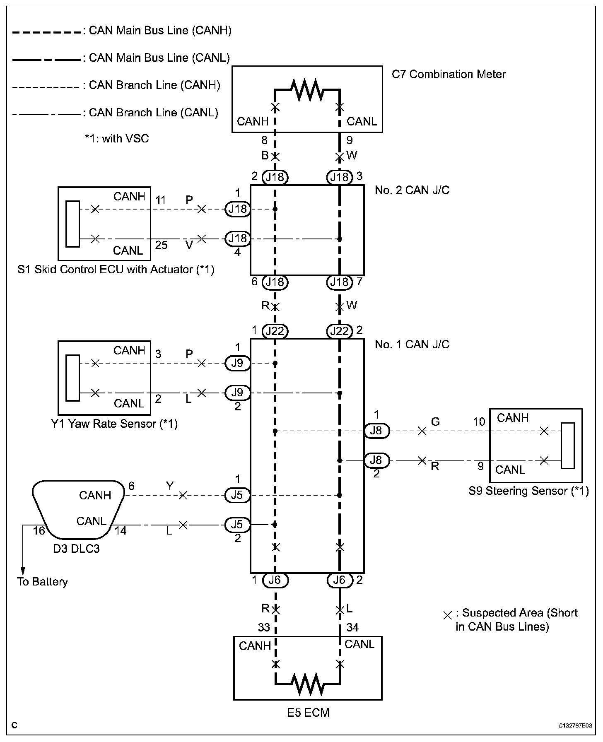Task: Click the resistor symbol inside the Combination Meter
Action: pos(307,88)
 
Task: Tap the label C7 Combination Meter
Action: pos(449,75)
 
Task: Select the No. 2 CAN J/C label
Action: pos(412,190)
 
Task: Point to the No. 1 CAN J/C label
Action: pos(412,344)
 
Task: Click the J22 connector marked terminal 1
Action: pos(275,331)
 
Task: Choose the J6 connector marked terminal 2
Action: pos(340,581)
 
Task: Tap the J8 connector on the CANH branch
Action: pos(376,431)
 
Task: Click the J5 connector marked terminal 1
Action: pos(237,495)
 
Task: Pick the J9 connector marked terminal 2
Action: pos(237,393)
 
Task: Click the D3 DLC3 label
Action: pos(76,549)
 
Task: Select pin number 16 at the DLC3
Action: pos(39,531)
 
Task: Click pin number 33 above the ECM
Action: pos(264,628)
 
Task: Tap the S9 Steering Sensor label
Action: pos(528,491)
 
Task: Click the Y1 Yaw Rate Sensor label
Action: pos(114,424)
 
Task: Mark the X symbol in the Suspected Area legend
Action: pos(447,616)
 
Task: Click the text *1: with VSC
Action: pos(116,138)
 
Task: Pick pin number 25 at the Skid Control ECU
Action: pos(161,245)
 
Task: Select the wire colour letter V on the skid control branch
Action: pos(189,245)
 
